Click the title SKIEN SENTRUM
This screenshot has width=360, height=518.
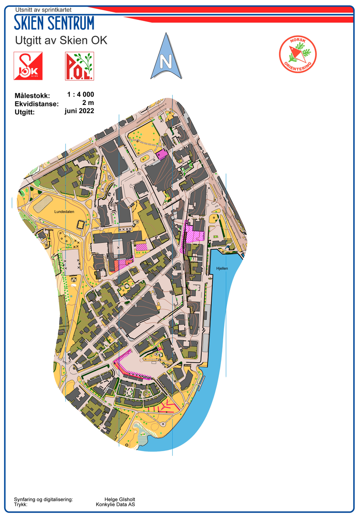[x=54, y=23]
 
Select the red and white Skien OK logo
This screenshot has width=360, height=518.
[x=28, y=66]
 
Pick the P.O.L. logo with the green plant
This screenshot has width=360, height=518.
[x=79, y=66]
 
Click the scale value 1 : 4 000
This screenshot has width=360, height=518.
[x=80, y=95]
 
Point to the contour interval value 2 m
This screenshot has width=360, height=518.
[x=88, y=103]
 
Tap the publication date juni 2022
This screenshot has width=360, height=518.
[x=79, y=111]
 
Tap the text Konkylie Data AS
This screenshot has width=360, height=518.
[x=115, y=504]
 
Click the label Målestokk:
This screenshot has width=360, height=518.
[x=32, y=96]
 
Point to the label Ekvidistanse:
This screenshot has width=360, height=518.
[x=36, y=104]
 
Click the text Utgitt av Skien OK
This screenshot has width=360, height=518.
[x=61, y=41]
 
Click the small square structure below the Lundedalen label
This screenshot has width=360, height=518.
[x=80, y=224]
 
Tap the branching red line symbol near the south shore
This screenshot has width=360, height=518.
[x=166, y=407]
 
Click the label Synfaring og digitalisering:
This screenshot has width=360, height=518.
[x=43, y=499]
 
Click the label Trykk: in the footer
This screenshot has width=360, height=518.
[x=21, y=504]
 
